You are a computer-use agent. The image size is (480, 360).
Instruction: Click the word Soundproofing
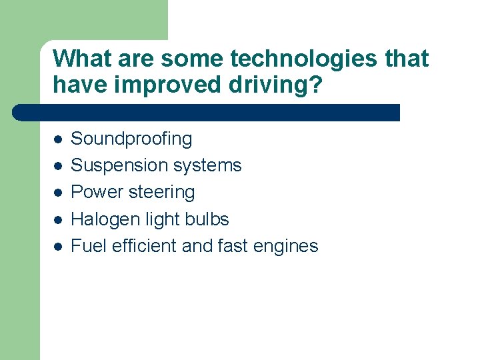coord(131,139)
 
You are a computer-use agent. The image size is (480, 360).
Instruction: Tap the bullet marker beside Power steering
coord(58,193)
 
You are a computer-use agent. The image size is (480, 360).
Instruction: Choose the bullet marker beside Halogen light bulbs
coord(58,220)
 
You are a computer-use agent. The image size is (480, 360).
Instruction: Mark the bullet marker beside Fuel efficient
coord(58,247)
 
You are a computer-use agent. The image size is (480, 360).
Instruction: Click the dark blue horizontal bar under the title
coord(207,112)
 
